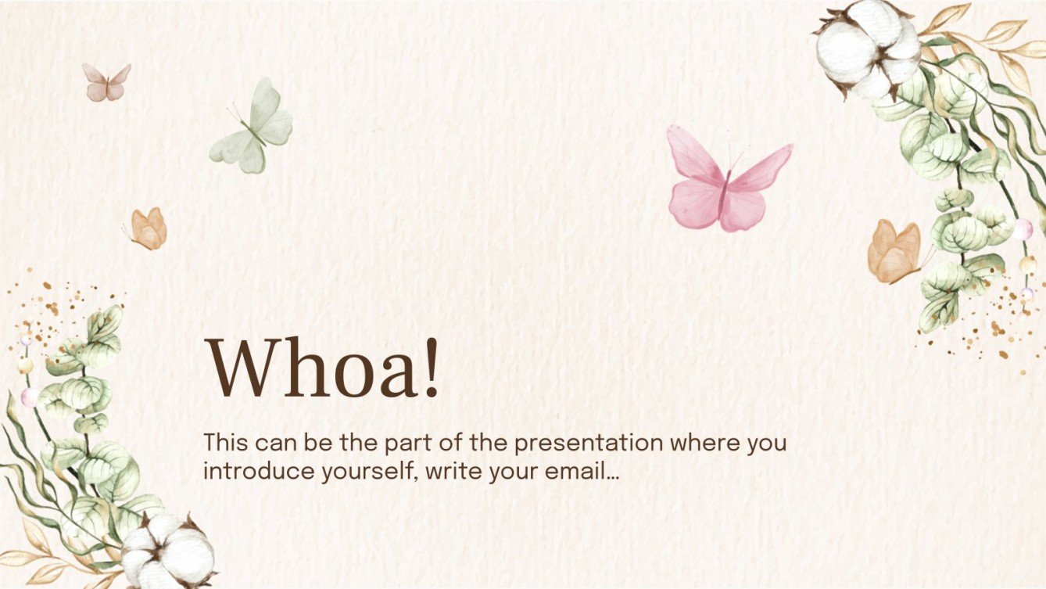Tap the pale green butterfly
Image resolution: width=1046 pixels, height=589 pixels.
click(254, 127)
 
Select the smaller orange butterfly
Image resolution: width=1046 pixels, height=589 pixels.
click(149, 228)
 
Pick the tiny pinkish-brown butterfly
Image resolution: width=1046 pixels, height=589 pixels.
click(106, 83)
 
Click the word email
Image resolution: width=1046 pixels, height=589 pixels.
click(578, 472)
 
